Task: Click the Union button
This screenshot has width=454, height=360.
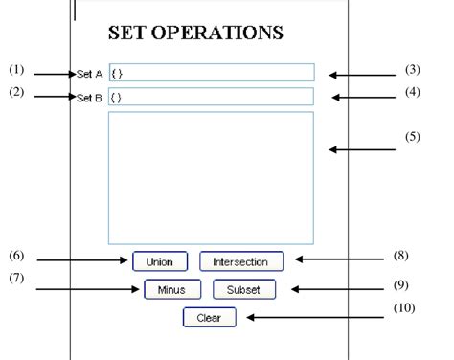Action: [x=160, y=260]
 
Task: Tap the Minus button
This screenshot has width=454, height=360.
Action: [x=172, y=289]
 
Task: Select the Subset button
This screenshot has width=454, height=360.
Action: [x=244, y=289]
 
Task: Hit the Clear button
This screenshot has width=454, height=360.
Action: [x=208, y=318]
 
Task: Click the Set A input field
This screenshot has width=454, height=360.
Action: [x=211, y=73]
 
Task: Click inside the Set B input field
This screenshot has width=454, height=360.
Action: [x=211, y=97]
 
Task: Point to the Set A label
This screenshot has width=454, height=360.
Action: [x=92, y=73]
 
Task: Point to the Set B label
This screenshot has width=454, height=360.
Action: [x=92, y=97]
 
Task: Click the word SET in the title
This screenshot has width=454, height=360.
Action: [x=125, y=33]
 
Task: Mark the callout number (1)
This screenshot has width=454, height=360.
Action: [x=15, y=69]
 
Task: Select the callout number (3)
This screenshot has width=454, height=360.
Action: [x=412, y=69]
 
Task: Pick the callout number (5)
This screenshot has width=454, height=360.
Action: [x=412, y=136]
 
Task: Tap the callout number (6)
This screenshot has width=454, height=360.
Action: [x=15, y=256]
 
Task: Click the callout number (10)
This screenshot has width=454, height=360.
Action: [x=403, y=308]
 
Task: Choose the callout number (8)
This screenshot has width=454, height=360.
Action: [x=402, y=256]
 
